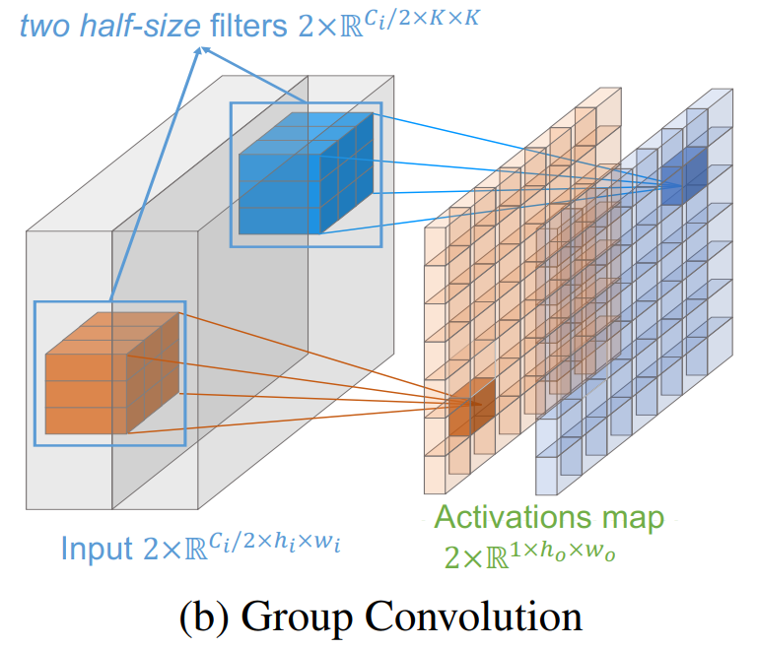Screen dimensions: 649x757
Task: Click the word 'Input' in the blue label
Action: pos(96,547)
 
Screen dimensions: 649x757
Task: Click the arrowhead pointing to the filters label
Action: pos(201,51)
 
